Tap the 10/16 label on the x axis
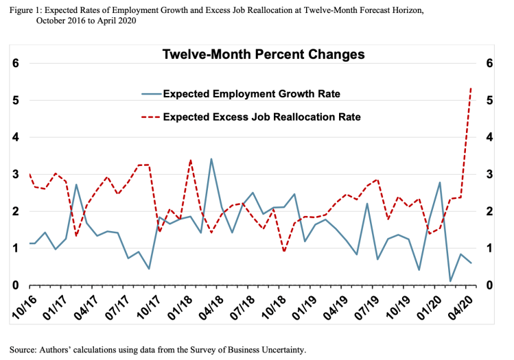24,307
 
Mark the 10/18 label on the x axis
276,307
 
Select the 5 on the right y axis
490,100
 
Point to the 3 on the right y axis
490,174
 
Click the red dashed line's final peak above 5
471,87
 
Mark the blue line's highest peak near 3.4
211,159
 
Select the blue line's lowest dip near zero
450,281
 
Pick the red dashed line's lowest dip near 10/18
284,252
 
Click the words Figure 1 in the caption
27,9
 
